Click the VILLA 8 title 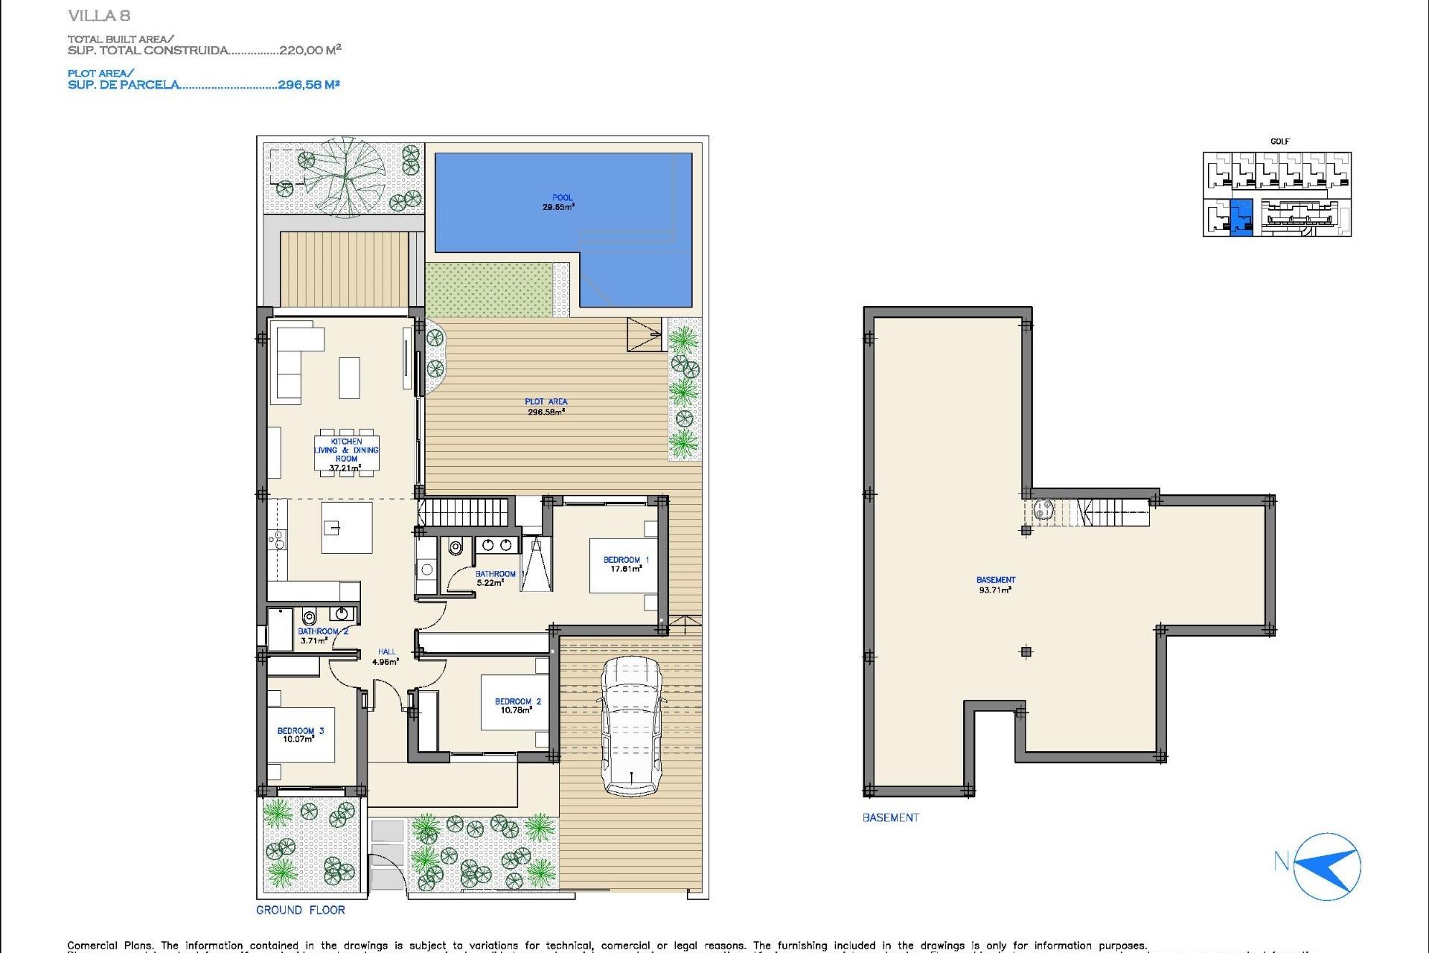(x=99, y=16)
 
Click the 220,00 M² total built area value (x=310, y=50)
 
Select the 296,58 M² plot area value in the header (x=308, y=85)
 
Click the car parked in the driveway (x=631, y=726)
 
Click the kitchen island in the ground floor (x=346, y=527)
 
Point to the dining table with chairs (x=346, y=453)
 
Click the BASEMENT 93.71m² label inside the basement (x=995, y=584)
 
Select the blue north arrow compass (x=1328, y=867)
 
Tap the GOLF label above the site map (x=1279, y=141)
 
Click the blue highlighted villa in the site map (x=1241, y=217)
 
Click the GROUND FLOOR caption (x=301, y=910)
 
